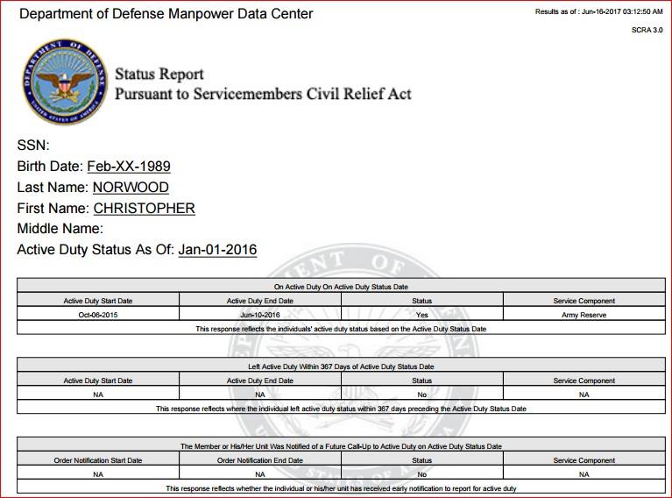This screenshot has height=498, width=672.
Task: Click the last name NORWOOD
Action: tap(131, 188)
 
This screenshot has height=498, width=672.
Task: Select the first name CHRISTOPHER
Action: tap(144, 209)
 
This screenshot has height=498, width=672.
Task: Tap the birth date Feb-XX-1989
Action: tap(129, 167)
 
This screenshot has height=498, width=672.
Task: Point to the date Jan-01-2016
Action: tap(217, 250)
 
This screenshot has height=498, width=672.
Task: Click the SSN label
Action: tap(33, 146)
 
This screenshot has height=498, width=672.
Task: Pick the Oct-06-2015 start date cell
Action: tap(98, 314)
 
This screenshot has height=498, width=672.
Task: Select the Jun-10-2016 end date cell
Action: tap(259, 314)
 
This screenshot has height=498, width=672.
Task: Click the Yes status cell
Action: tap(421, 314)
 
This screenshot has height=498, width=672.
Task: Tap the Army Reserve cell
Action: tap(584, 314)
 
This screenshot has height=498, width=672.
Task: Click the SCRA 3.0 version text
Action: tap(647, 30)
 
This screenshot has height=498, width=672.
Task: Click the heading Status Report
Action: tap(159, 75)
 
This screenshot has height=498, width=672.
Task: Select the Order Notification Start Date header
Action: tap(98, 460)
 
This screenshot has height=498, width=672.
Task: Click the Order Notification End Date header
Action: tap(259, 460)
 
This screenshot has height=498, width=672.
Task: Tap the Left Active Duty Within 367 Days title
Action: tap(341, 366)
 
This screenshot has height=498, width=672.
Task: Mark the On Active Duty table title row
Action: tap(341, 287)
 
